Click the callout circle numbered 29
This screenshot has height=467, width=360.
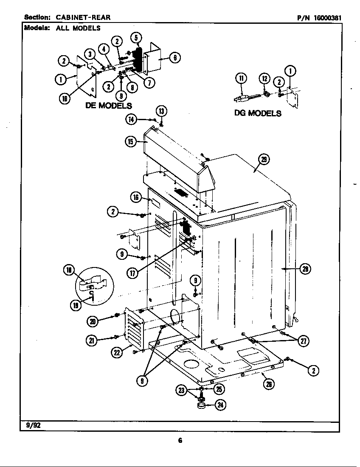coord(264,160)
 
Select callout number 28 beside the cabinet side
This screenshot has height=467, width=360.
coord(304,268)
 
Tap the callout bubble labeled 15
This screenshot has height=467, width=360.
coord(131,142)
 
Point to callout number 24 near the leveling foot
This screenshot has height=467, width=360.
coord(220,405)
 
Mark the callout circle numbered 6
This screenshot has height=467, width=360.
coord(174,58)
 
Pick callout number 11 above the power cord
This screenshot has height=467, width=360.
coord(241,78)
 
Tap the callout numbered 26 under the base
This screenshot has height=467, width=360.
coord(268,384)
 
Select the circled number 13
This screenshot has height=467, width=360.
coord(161,111)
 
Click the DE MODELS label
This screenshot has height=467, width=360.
coord(108,105)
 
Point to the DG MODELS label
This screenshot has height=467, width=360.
coord(258,113)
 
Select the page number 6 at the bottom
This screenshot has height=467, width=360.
coord(180,441)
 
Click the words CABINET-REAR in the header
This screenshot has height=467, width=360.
coord(83,17)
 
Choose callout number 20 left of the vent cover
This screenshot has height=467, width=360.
coord(93,321)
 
